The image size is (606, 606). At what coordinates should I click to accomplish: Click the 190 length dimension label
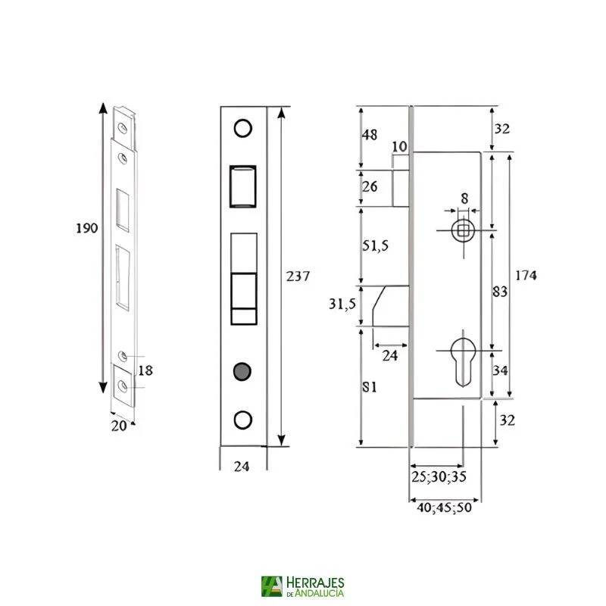click(88, 228)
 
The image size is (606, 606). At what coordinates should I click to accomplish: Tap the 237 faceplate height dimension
click(298, 276)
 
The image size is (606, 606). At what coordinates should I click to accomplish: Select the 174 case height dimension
click(525, 276)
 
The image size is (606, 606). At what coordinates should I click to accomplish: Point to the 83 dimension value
click(500, 292)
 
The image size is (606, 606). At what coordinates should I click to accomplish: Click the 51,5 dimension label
click(376, 247)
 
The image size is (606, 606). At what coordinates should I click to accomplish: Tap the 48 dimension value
click(370, 135)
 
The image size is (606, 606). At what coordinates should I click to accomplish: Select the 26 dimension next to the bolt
click(370, 186)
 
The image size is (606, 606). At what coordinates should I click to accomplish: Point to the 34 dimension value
click(501, 371)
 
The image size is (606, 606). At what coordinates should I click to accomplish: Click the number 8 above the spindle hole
click(464, 198)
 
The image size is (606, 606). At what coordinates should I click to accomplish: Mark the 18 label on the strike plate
click(145, 370)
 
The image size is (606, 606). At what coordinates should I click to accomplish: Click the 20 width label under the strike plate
click(119, 426)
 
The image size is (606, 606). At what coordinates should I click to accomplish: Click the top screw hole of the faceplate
click(242, 128)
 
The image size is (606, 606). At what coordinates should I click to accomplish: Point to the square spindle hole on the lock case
click(462, 230)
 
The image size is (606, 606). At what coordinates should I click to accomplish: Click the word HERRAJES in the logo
click(316, 582)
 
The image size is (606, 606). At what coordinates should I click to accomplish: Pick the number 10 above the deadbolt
click(400, 146)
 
